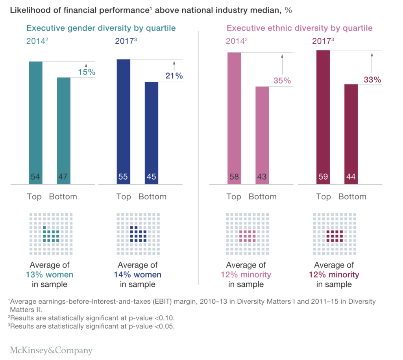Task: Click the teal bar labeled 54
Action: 36,122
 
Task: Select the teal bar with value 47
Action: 64,130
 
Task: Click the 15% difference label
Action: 87,72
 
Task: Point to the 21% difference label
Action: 174,76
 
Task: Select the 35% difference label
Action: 282,81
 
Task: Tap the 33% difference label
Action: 372,80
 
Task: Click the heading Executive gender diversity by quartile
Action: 101,28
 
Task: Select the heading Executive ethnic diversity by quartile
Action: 299,28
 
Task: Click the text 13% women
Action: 50,275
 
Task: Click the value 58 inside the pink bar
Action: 234,177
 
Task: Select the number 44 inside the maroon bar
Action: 351,177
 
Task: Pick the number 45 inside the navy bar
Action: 152,177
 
